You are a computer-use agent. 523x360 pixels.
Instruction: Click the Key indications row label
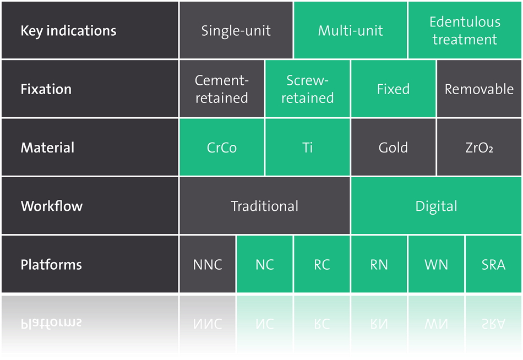pyautogui.click(x=68, y=31)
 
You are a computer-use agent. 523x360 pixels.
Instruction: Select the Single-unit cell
pyautogui.click(x=236, y=30)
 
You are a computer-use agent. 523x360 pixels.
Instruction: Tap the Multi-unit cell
pyautogui.click(x=350, y=30)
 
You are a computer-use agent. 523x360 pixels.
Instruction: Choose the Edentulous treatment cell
pyautogui.click(x=465, y=30)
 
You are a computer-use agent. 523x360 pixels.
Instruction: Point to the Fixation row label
pyautogui.click(x=46, y=89)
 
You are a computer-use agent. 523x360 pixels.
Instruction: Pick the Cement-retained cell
pyautogui.click(x=221, y=89)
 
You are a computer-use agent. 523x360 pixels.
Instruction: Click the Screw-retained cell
pyautogui.click(x=307, y=89)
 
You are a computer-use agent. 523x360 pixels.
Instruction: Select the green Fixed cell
pyautogui.click(x=393, y=89)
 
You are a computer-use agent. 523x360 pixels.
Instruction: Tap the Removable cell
pyautogui.click(x=479, y=89)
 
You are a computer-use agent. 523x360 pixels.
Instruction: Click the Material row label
pyautogui.click(x=47, y=148)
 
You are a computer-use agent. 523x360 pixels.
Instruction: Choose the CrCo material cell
pyautogui.click(x=221, y=147)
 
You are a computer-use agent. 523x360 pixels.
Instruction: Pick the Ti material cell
pyautogui.click(x=307, y=147)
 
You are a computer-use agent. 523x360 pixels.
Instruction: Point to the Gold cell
pyautogui.click(x=393, y=147)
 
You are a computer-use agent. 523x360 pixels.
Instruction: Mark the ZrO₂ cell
pyautogui.click(x=479, y=147)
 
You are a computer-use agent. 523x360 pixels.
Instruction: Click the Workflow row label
pyautogui.click(x=52, y=206)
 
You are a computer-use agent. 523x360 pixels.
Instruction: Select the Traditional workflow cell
pyautogui.click(x=264, y=205)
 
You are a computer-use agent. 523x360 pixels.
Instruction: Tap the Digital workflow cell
pyautogui.click(x=436, y=205)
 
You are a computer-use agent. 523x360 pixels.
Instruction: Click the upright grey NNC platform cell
pyautogui.click(x=207, y=264)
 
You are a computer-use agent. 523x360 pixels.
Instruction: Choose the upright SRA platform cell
pyautogui.click(x=493, y=264)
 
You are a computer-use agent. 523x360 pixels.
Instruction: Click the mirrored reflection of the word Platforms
pyautogui.click(x=51, y=323)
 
